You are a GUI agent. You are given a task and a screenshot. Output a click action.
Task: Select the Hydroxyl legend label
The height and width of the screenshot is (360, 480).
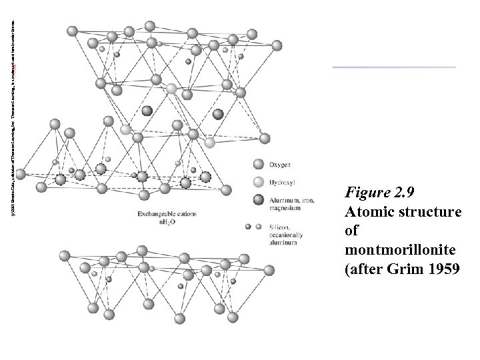pos(284,182)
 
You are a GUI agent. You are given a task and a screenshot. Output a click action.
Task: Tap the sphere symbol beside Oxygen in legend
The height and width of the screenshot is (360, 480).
pos(259,163)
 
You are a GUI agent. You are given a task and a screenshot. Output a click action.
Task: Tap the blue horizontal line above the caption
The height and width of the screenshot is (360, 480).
pos(394,67)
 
